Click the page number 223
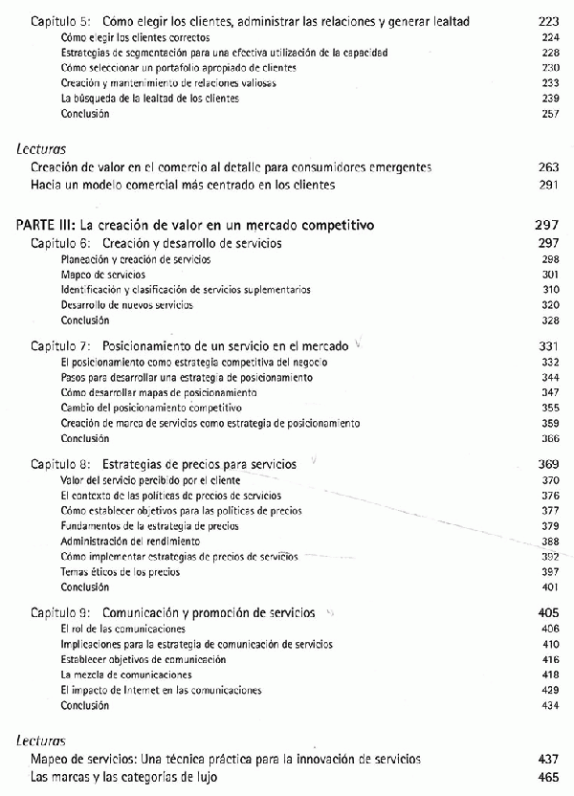click(548, 20)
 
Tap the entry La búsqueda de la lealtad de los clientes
click(135, 99)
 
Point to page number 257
click(549, 114)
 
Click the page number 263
click(548, 167)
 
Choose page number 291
click(548, 184)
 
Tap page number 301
click(549, 275)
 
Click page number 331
click(548, 344)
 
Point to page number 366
click(549, 438)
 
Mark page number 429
click(549, 690)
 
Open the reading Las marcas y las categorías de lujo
click(124, 778)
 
